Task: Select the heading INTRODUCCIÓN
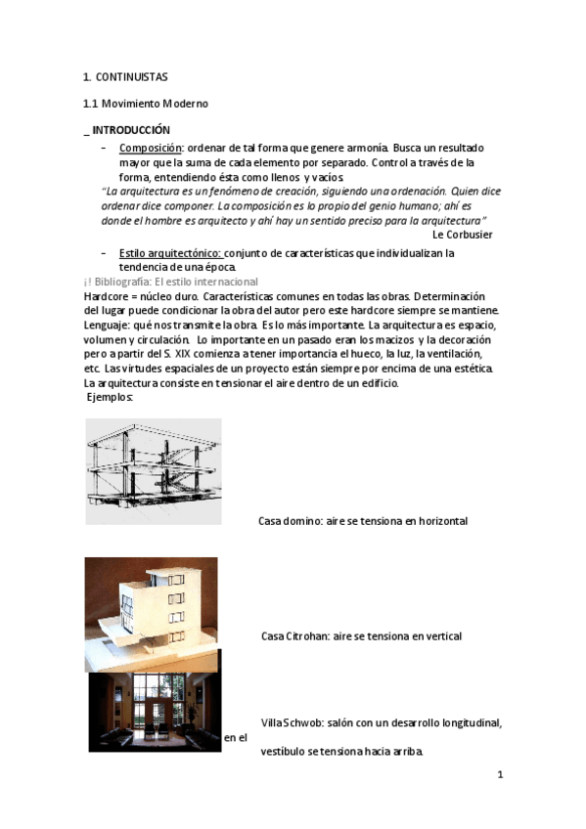coord(130,130)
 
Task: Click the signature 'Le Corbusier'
coord(462,235)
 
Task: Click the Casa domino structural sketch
coord(153,471)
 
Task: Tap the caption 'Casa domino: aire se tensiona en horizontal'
coord(362,521)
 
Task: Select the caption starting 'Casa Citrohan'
coord(361,636)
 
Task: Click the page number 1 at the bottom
coord(500,775)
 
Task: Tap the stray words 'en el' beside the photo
coord(235,738)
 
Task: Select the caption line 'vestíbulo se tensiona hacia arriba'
coord(341,753)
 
